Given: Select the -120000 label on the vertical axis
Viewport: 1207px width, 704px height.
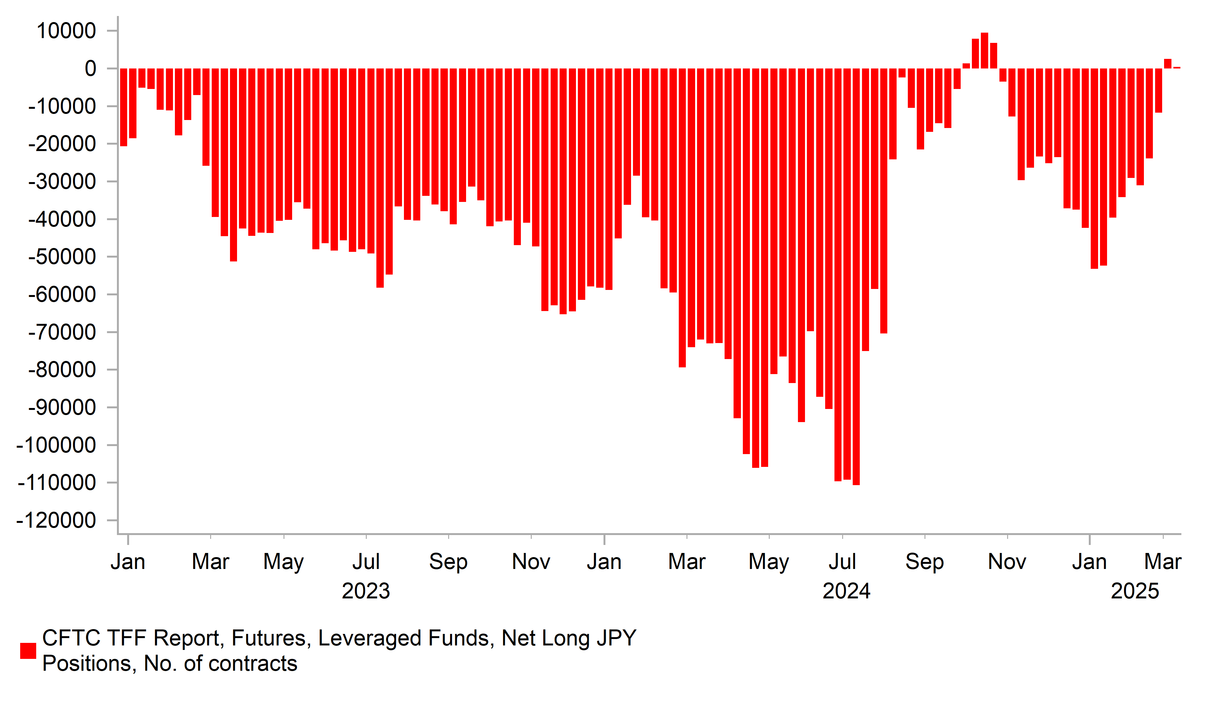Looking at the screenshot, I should click(x=56, y=520).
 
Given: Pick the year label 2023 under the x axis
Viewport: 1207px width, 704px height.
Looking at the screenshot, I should click(x=366, y=592).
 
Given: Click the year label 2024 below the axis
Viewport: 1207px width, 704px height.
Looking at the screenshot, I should click(x=846, y=592).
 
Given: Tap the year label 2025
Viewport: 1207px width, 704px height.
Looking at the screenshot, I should click(x=1135, y=592).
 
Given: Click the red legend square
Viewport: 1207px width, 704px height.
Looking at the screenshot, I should click(x=28, y=651).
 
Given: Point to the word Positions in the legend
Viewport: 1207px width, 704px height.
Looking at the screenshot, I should click(x=90, y=664).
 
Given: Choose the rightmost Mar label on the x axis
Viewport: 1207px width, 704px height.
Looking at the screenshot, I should click(x=1162, y=562).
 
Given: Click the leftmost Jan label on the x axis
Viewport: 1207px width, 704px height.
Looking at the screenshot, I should click(x=128, y=562).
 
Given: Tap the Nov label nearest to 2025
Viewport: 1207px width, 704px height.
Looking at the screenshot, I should click(x=1007, y=562).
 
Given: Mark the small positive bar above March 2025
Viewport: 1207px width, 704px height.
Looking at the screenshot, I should click(x=1168, y=64).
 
